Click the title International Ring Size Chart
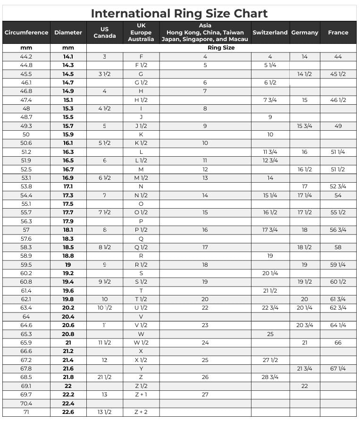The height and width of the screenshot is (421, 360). [x=179, y=13]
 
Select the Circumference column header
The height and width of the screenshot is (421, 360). [x=26, y=33]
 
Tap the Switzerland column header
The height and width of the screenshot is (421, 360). [x=270, y=33]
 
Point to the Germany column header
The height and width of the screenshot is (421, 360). [x=305, y=33]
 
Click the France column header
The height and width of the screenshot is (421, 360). [x=338, y=33]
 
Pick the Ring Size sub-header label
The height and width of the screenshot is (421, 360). [x=221, y=48]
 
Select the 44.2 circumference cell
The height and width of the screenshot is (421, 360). [x=26, y=57]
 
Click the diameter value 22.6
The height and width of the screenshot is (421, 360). [x=68, y=412]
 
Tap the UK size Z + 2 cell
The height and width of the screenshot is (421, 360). [x=141, y=412]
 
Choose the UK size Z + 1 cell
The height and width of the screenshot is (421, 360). [x=141, y=395]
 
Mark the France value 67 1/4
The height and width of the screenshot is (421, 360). [x=338, y=369]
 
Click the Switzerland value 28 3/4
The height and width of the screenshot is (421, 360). [x=270, y=377]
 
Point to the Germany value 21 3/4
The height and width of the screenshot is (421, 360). [x=304, y=369]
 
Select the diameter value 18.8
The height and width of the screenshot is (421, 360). [x=68, y=256]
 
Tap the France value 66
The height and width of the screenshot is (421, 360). [x=338, y=343]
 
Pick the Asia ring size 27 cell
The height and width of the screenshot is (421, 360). [x=205, y=395]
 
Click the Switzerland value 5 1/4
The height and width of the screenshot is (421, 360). [x=270, y=65]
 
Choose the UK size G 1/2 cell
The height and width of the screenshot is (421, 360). [x=141, y=83]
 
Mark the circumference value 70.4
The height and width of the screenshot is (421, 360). [x=26, y=404]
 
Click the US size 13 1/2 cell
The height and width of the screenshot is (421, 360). [x=104, y=412]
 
